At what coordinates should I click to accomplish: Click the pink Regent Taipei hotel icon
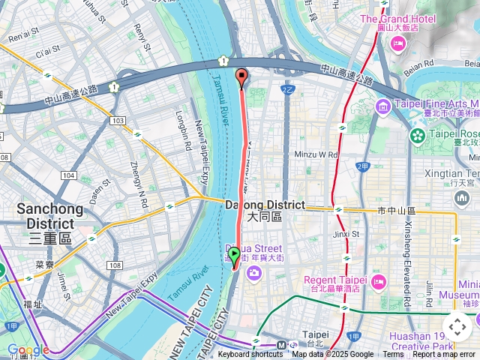[377, 282]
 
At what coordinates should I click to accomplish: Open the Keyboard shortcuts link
[250, 355]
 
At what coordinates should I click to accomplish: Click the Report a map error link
[444, 355]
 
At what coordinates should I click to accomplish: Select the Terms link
[393, 355]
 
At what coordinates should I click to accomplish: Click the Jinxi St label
[346, 233]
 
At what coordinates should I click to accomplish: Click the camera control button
[457, 327]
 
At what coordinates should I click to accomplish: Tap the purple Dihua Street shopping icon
[254, 271]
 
